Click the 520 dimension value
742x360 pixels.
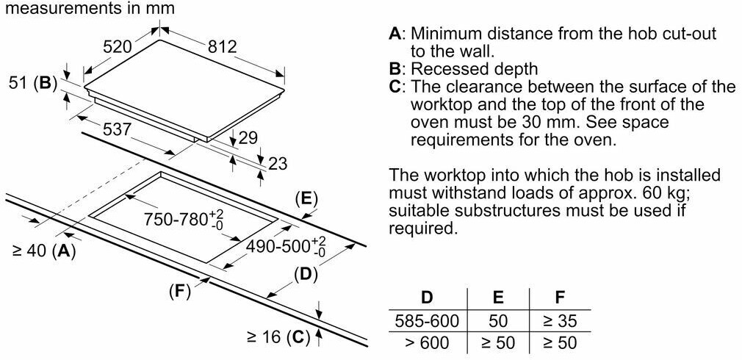(x=117, y=47)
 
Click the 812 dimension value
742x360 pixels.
(x=223, y=47)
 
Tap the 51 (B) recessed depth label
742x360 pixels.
(x=33, y=83)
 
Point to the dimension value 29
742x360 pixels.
(x=248, y=137)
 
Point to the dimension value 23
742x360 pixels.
(x=277, y=163)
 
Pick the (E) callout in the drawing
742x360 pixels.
(x=305, y=198)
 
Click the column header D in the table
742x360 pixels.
(x=426, y=298)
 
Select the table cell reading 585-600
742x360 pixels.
(x=426, y=320)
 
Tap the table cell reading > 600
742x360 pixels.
(x=426, y=342)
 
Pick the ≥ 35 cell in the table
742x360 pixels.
(x=559, y=320)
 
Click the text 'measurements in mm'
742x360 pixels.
(x=88, y=10)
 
